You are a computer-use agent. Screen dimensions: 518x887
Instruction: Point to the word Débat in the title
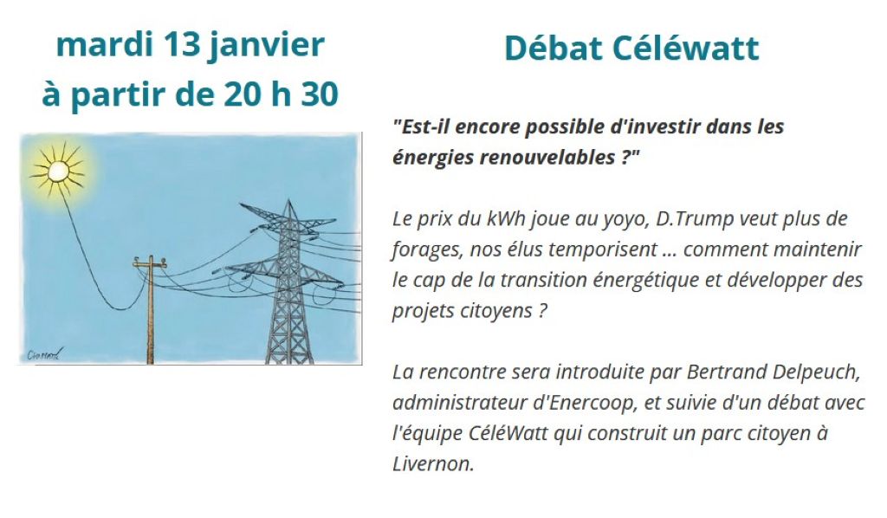click(552, 49)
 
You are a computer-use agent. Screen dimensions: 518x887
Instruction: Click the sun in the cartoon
click(58, 168)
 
